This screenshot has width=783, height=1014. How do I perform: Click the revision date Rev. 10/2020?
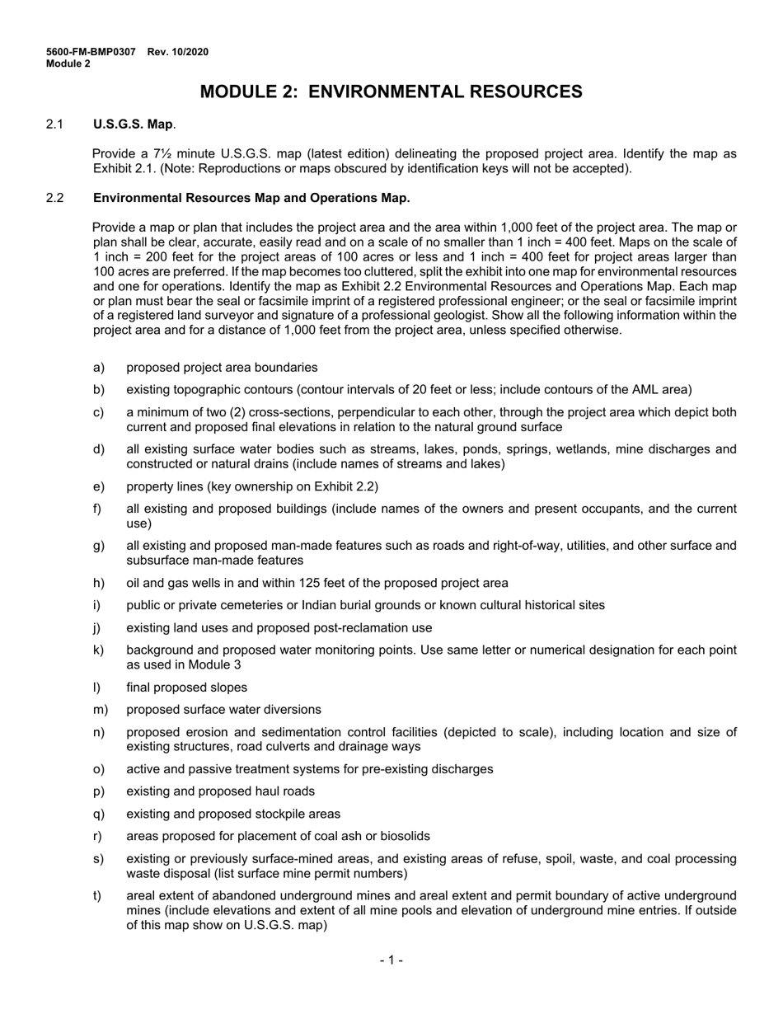click(178, 52)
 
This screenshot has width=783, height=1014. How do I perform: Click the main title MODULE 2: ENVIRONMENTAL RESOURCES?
click(391, 92)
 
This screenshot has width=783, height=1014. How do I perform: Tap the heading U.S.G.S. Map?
click(133, 124)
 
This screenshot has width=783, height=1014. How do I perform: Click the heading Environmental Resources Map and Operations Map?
click(251, 198)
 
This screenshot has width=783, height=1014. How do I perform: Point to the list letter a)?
click(99, 368)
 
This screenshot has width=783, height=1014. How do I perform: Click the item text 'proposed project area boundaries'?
click(222, 368)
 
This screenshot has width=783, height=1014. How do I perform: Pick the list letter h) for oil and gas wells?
click(99, 583)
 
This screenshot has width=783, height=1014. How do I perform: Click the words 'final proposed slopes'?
click(186, 688)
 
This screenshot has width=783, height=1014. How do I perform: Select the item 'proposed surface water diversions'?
click(223, 710)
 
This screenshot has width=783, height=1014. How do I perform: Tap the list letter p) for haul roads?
click(99, 791)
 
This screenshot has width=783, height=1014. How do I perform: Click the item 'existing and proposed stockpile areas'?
click(233, 814)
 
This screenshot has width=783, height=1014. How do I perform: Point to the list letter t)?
click(98, 895)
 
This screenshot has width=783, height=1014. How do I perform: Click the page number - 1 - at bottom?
click(391, 960)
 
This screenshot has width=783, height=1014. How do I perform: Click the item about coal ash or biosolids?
click(278, 836)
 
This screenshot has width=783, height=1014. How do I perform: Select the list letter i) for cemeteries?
click(98, 605)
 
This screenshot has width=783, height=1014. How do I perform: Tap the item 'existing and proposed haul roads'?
click(220, 791)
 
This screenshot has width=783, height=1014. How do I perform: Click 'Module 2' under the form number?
click(68, 63)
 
